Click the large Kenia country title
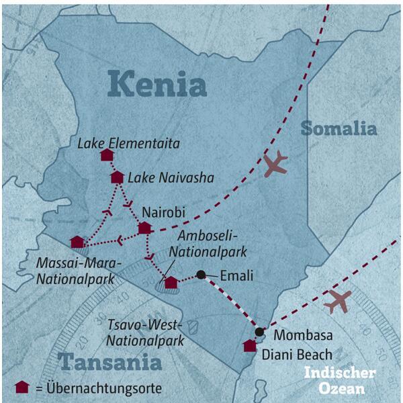(157, 85)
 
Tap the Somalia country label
(339, 128)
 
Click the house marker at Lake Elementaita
(106, 155)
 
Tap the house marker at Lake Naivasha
(117, 177)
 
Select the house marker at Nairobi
(144, 228)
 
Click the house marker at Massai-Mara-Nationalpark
(77, 242)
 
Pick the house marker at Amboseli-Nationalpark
(171, 282)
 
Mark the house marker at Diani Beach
(249, 346)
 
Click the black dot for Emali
(200, 274)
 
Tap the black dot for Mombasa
(259, 331)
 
